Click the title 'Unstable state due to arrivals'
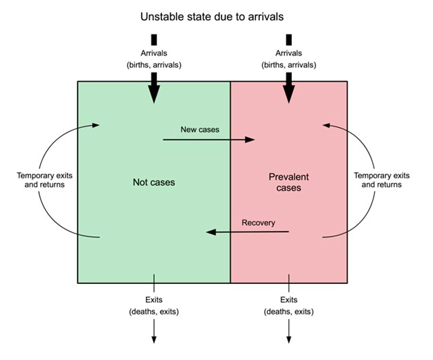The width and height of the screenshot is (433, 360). [217, 15]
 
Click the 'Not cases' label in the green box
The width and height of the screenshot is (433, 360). [154, 182]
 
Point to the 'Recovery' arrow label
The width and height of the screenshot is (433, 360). [258, 222]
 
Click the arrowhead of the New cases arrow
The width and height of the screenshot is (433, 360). [250, 140]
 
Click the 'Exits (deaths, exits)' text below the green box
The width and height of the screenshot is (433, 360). [154, 306]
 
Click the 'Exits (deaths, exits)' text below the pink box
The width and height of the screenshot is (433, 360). [289, 306]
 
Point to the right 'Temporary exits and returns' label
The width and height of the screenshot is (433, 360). [381, 180]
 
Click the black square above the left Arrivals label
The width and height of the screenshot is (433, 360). [154, 39]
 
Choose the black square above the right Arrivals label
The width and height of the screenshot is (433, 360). [289, 39]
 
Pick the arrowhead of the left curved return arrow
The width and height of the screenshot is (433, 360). [96, 125]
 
